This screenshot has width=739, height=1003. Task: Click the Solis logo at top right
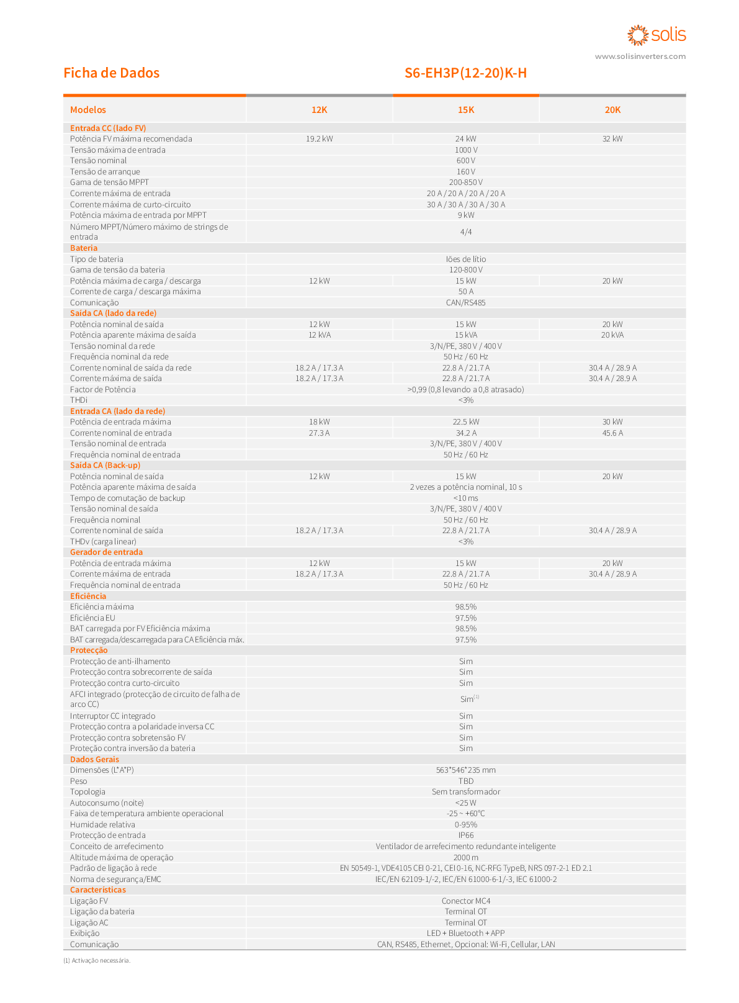(x=656, y=35)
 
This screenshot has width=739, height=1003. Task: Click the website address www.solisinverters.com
(x=640, y=56)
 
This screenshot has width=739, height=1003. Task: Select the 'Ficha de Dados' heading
(x=111, y=73)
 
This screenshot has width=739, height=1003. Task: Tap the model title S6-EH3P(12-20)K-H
(x=465, y=73)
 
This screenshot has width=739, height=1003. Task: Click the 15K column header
(x=466, y=110)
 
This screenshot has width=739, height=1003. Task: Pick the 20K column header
(x=612, y=110)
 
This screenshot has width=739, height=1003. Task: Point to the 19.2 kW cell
(x=319, y=139)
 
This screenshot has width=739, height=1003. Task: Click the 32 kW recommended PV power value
(x=612, y=139)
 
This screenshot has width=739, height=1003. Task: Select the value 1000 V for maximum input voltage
(x=466, y=150)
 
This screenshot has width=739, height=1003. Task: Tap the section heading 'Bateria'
(x=84, y=248)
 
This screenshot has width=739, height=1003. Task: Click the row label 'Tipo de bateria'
(x=97, y=259)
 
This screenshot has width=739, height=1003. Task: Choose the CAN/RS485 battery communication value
(x=466, y=303)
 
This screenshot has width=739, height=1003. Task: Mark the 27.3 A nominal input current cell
(x=319, y=433)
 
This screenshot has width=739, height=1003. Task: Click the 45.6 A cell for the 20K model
(x=612, y=433)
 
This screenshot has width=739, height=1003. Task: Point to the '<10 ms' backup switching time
(x=466, y=498)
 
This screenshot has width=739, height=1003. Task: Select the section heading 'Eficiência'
(x=88, y=596)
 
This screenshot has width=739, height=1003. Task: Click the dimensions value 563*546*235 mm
(x=466, y=770)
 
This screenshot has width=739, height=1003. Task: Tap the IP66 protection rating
(x=466, y=835)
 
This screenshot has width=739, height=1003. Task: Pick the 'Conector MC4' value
(x=466, y=901)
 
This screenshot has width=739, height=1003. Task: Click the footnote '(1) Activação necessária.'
(x=97, y=961)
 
